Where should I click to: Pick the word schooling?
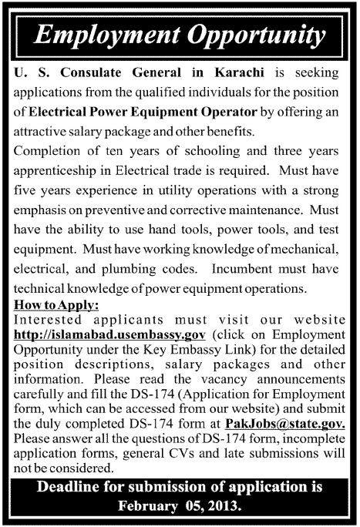pyautogui.click(x=213, y=147)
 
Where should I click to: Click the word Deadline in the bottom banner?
pyautogui.click(x=70, y=488)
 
